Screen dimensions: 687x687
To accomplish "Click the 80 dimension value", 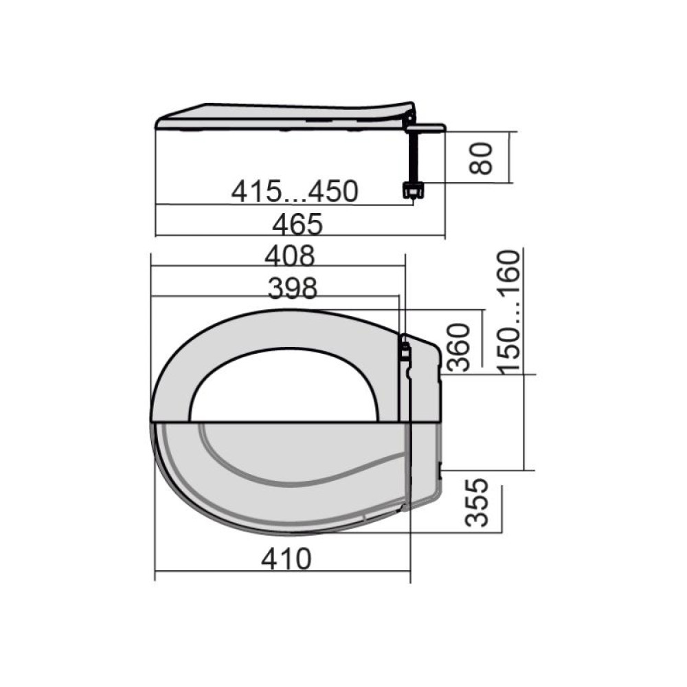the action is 481,158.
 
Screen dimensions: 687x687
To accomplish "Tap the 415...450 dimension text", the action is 295,192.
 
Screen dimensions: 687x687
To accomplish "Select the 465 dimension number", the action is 297,224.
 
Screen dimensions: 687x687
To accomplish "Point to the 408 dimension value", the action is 290,256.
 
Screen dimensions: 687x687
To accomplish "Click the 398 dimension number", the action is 292,289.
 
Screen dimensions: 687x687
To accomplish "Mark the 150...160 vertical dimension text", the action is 510,313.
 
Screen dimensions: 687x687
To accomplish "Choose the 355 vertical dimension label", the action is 476,502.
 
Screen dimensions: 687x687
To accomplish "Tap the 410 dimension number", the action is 286,559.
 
